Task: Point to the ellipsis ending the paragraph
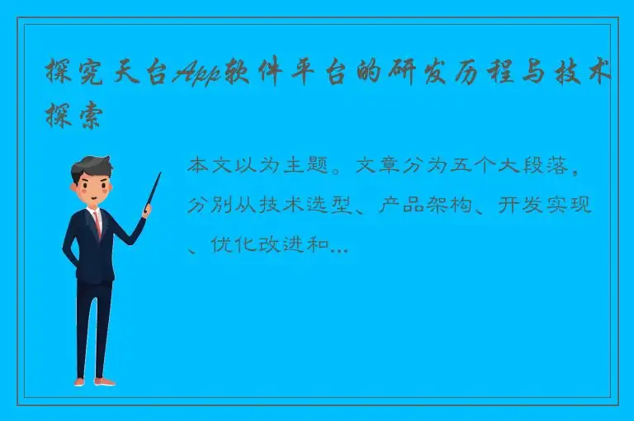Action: click(x=339, y=247)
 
